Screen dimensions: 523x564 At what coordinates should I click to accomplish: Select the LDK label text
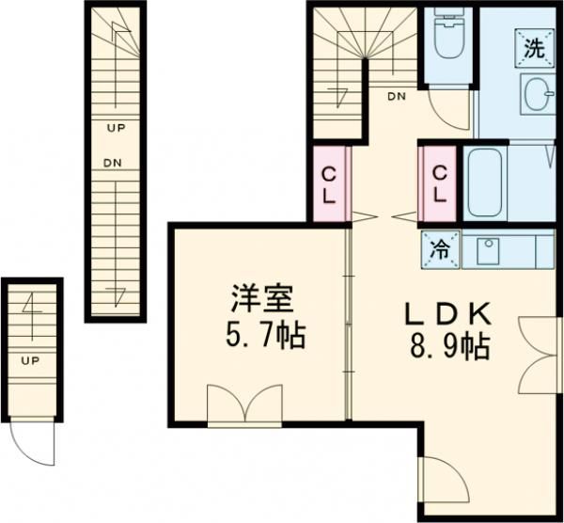pos(448,313)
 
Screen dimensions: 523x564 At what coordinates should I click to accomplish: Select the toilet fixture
pos(446,39)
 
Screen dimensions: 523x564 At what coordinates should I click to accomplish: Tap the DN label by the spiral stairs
pos(397,95)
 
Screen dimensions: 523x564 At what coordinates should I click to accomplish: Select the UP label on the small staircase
pos(30,359)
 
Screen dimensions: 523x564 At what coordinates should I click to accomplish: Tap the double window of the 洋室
pos(244,406)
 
